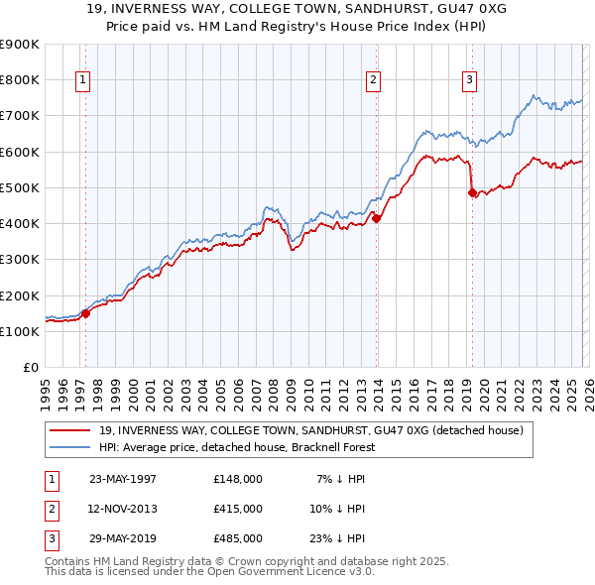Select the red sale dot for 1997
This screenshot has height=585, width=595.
85,313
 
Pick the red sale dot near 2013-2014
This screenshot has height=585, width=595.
377,218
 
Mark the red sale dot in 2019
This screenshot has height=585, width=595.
472,193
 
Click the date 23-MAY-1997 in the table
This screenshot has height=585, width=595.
123,479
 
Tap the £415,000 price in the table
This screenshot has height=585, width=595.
238,509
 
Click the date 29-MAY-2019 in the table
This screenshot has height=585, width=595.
123,538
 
